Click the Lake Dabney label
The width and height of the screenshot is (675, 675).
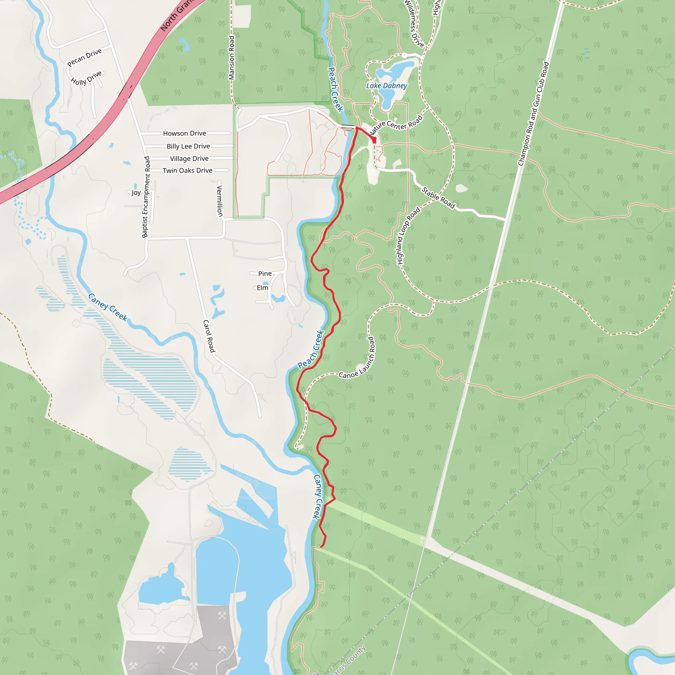386,86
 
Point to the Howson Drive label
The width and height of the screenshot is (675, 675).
185,133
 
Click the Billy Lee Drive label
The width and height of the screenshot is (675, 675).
188,146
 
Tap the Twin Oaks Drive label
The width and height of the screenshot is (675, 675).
187,170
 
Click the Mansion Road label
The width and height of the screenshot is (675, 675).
231,58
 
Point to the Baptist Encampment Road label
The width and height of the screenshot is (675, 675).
146,197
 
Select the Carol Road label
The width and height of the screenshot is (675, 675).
209,336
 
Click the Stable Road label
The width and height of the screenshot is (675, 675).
438,198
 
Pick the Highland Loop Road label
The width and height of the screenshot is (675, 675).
408,236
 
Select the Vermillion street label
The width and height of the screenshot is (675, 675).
220,201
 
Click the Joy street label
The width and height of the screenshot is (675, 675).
136,192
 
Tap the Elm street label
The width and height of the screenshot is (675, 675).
262,288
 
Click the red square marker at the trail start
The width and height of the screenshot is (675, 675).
374,140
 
